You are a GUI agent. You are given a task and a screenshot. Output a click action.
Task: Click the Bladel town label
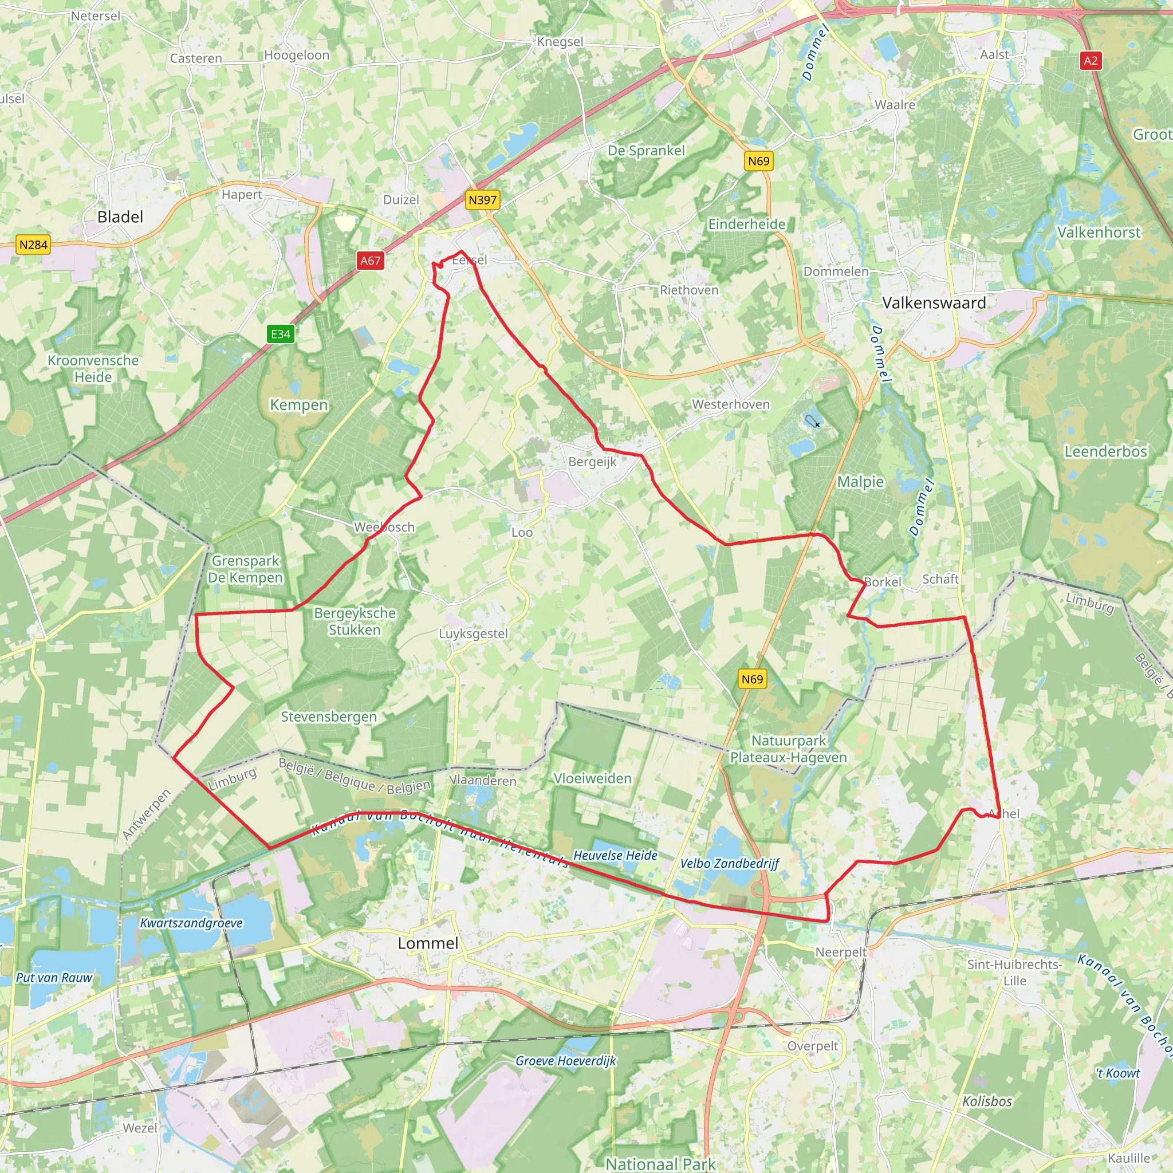tap(120, 217)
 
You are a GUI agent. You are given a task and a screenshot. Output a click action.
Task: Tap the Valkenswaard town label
tap(933, 302)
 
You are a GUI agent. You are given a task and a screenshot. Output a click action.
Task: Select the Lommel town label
tap(428, 943)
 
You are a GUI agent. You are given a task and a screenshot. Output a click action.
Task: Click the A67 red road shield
tap(371, 261)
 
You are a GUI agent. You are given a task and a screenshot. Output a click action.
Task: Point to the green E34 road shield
tap(281, 334)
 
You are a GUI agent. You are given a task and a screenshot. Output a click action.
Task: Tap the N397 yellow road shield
tap(483, 200)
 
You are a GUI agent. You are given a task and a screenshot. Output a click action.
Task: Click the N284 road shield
tap(33, 245)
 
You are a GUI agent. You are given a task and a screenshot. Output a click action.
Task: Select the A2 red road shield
tap(1091, 61)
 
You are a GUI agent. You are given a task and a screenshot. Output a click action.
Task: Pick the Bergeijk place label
tap(592, 462)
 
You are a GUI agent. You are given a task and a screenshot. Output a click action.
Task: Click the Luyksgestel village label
tap(473, 633)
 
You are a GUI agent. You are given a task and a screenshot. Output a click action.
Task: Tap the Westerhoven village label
tap(730, 404)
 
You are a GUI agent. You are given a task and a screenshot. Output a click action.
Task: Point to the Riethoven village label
tap(689, 290)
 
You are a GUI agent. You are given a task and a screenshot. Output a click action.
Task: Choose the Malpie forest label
tap(860, 482)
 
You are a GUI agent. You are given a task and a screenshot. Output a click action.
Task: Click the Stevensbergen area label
tap(328, 717)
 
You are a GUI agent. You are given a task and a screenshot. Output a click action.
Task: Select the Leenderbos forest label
tap(1105, 451)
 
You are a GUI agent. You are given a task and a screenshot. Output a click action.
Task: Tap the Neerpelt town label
tap(840, 952)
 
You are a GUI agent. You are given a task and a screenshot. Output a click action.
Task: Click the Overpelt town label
tap(812, 1046)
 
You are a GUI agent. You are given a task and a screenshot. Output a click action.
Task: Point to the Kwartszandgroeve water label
tap(191, 923)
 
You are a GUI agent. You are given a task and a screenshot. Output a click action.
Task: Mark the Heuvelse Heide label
tap(615, 856)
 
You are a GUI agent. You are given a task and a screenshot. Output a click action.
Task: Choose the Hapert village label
tap(242, 194)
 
